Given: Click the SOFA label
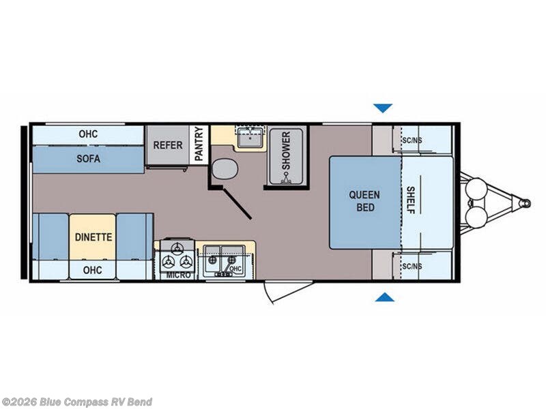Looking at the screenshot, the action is tap(89, 159).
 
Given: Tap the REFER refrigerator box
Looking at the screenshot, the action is tap(167, 145).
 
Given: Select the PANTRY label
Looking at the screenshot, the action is tap(199, 144).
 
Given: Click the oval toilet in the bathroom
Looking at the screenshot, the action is tap(225, 168).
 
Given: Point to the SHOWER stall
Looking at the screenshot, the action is tap(285, 156).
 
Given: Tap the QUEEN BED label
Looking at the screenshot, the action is tap(364, 201).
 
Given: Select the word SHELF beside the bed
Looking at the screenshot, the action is tap(411, 200).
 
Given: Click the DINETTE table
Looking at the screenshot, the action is tap(93, 237).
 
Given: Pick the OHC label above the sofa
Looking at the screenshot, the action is tap(88, 134).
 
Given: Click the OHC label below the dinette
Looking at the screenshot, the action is tap(93, 270).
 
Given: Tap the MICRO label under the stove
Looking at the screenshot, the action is tap(179, 275).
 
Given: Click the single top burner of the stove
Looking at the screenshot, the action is tap(177, 247).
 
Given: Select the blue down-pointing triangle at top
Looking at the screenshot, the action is tap(383, 108).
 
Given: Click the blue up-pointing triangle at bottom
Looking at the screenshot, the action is tap(385, 297).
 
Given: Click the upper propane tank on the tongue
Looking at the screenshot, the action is tap(476, 188).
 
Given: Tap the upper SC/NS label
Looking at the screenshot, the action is tap(412, 140).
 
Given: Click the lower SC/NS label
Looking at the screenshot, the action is tap(412, 267).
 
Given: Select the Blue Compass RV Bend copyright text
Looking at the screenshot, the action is tap(76, 402).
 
